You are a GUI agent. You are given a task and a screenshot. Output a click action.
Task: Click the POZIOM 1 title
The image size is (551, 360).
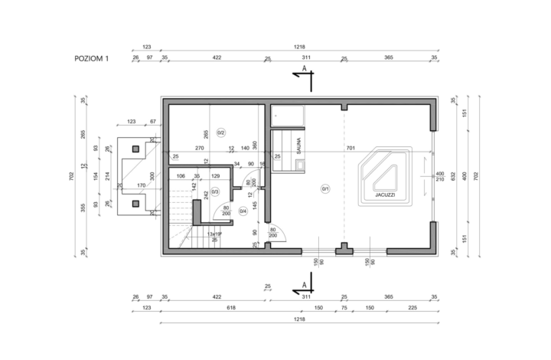point(91,58)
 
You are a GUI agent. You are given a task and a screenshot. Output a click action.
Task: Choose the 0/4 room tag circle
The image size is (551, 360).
point(243,211)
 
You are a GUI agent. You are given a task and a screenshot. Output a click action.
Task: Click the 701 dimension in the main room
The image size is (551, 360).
point(350,148)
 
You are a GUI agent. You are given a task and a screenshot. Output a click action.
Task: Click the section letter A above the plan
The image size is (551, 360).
point(305,68)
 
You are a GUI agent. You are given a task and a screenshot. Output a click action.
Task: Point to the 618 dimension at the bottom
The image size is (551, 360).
point(219,308)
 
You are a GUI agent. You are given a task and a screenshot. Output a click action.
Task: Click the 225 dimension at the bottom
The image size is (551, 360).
point(412,308)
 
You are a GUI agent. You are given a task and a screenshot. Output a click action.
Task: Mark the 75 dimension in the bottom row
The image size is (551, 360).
point(345,308)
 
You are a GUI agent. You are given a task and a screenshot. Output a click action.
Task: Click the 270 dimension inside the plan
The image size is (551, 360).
point(199,148)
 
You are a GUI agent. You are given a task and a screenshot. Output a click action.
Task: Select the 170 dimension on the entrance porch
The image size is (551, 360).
point(141,185)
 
